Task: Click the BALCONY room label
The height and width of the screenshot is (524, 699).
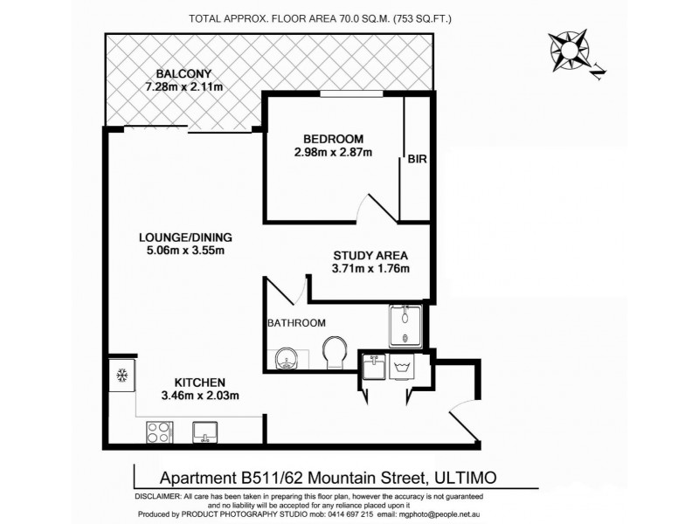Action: point(183,72)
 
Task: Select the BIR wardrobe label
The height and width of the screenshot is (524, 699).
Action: point(417,160)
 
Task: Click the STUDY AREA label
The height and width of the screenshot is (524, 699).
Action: point(371,256)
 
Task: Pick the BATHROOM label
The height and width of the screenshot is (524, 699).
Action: point(297,323)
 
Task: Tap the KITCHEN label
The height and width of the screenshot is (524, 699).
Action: point(201,383)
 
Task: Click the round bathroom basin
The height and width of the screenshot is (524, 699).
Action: point(287,358)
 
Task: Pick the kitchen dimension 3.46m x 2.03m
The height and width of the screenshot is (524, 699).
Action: point(201,396)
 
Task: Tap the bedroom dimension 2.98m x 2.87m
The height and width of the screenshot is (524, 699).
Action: point(333,153)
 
